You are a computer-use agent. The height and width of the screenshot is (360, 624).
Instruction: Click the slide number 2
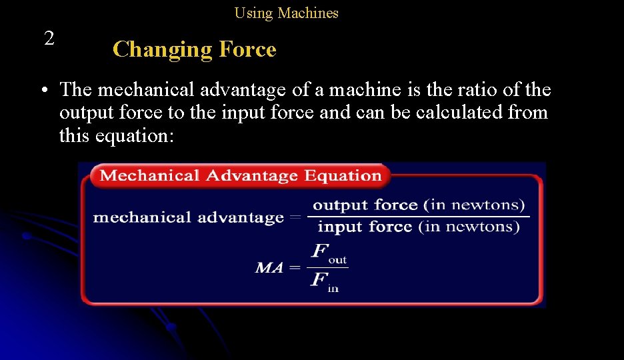49,38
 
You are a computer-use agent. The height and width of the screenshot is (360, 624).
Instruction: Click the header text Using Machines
286,13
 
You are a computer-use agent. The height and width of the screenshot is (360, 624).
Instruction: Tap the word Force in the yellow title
245,49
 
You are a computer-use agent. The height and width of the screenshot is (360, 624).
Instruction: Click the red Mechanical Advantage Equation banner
240,176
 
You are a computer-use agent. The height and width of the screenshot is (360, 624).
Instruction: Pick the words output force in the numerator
365,205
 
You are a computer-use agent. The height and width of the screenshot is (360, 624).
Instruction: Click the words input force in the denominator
365,227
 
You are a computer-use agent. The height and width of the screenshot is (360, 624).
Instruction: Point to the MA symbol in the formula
269,268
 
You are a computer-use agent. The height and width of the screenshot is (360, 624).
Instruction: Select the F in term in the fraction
325,281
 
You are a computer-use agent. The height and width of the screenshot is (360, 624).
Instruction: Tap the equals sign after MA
295,268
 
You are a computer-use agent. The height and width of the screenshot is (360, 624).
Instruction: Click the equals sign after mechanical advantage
295,217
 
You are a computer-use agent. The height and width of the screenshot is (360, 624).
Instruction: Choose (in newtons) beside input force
469,227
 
